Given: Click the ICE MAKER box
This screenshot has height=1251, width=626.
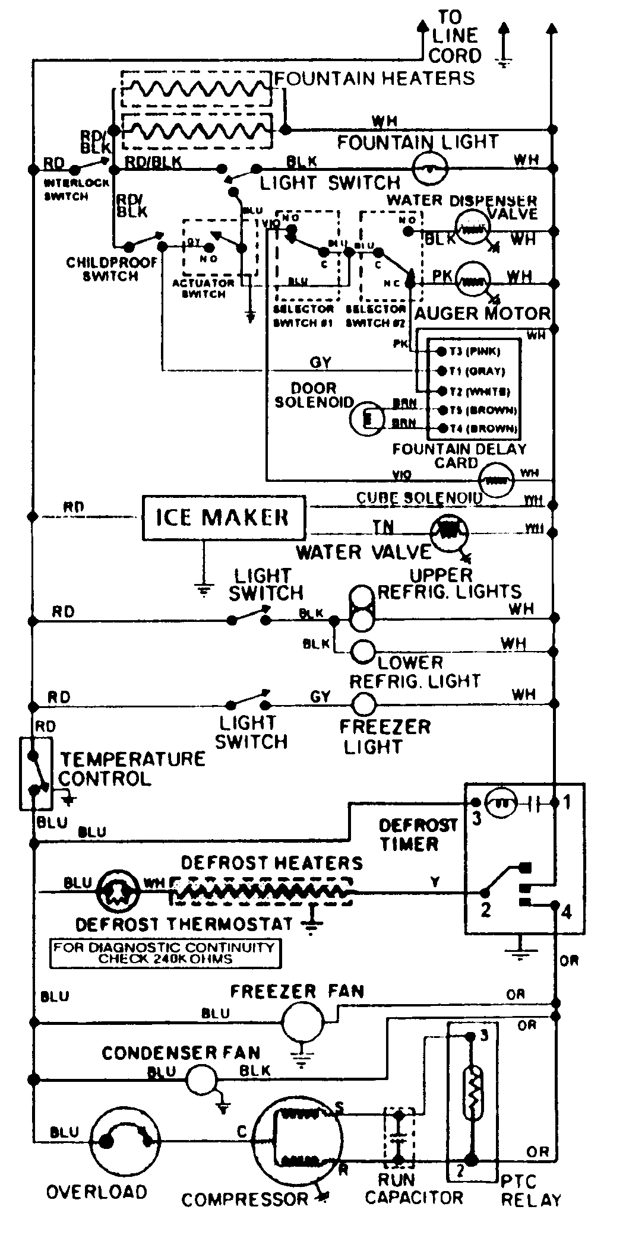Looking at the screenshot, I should [223, 518].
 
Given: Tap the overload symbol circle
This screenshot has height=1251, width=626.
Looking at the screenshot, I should [125, 1139].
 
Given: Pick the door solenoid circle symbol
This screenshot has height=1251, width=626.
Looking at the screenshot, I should [366, 419].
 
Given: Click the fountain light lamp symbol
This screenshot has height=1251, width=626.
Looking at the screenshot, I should [431, 169].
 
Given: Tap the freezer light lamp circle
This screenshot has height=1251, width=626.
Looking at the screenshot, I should [364, 705].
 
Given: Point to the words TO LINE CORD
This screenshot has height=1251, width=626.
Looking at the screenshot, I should [456, 36].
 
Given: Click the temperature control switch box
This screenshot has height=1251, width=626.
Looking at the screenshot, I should [36, 773].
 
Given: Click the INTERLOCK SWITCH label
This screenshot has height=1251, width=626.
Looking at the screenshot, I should [67, 190].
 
